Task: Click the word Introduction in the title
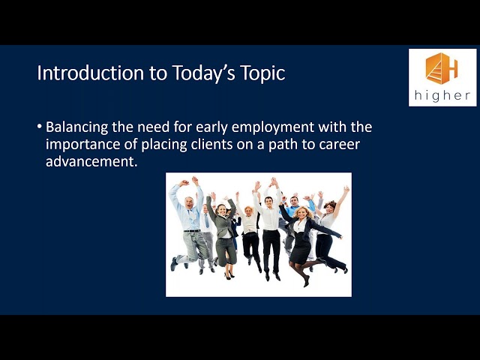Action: (90, 73)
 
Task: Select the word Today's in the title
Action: (203, 73)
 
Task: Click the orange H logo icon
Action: (442, 68)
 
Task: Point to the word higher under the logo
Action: (442, 95)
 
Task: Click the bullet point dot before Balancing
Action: (39, 126)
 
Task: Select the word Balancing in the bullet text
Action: (76, 127)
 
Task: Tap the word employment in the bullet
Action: (273, 127)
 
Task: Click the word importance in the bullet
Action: (83, 145)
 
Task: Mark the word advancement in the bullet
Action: (91, 161)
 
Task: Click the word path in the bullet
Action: (283, 145)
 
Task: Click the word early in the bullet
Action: (211, 127)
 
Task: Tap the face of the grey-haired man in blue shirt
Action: (189, 203)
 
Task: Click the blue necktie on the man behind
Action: (207, 221)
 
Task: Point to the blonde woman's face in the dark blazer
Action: (301, 213)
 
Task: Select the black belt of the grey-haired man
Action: (192, 230)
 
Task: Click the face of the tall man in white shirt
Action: (268, 202)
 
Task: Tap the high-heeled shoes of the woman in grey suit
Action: (229, 275)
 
